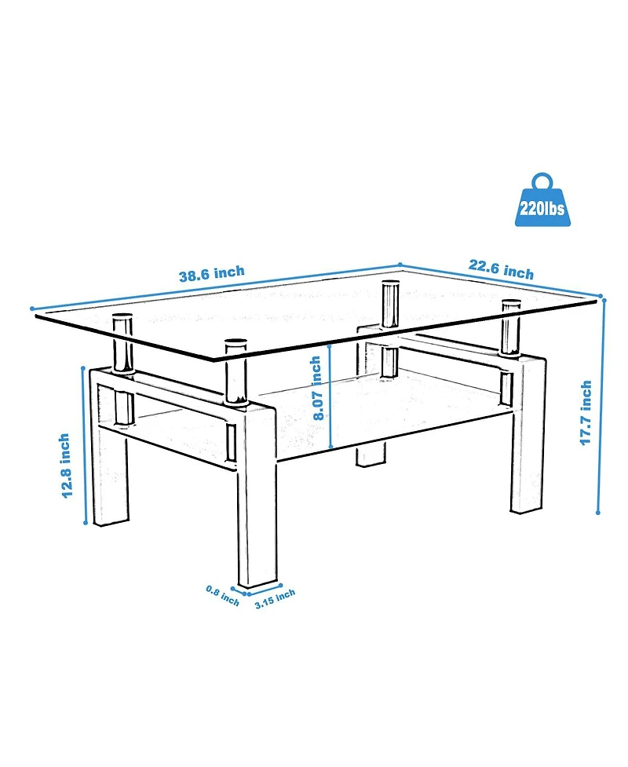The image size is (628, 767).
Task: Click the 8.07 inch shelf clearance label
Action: click(316, 388)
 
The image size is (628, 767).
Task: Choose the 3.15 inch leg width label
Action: click(275, 598)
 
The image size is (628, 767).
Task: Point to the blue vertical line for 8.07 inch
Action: click(332, 396)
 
